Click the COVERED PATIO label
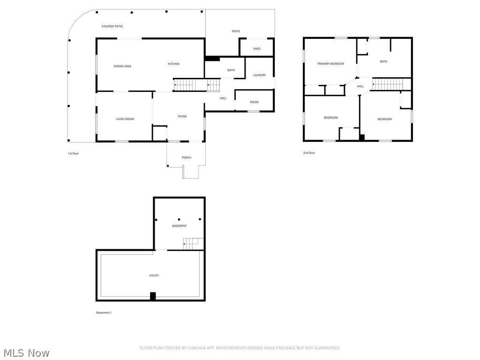click(112, 26)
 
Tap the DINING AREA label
click(122, 66)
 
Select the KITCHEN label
click(173, 64)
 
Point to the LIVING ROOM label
click(125, 119)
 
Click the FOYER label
click(182, 116)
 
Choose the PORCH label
click(187, 157)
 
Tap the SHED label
click(256, 49)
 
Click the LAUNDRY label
click(259, 75)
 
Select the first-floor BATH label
click(231, 70)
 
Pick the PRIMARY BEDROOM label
click(330, 64)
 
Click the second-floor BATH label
click(383, 61)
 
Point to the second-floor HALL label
click(360, 86)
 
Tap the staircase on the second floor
click(388, 84)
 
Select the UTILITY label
click(154, 275)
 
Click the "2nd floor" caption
click(309, 153)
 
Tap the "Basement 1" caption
click(104, 313)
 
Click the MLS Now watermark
click(25, 352)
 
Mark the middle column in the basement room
click(179, 219)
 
